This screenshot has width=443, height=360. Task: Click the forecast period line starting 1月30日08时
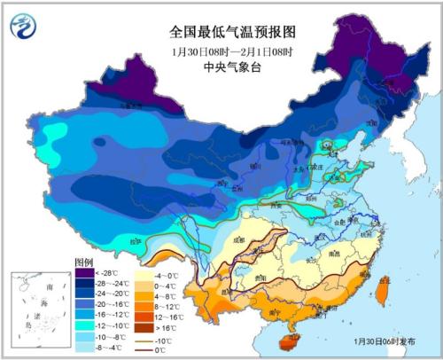click(x=222, y=50)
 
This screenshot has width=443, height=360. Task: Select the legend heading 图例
click(x=84, y=263)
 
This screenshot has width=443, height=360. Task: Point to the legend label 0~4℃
click(x=167, y=285)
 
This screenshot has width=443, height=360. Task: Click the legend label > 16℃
click(x=167, y=327)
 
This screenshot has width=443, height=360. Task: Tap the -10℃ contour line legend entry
click(x=166, y=339)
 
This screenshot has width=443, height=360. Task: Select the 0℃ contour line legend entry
click(x=166, y=349)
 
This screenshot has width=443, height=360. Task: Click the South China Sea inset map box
click(x=41, y=309)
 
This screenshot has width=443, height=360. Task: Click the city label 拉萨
click(x=135, y=241)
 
